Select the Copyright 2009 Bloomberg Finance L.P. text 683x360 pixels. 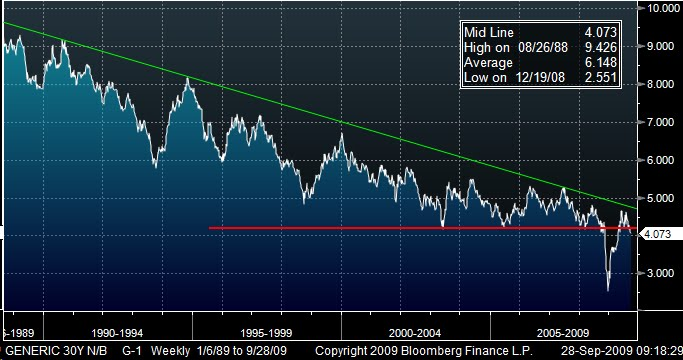tap(415, 351)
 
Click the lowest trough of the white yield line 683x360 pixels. tap(608, 290)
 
